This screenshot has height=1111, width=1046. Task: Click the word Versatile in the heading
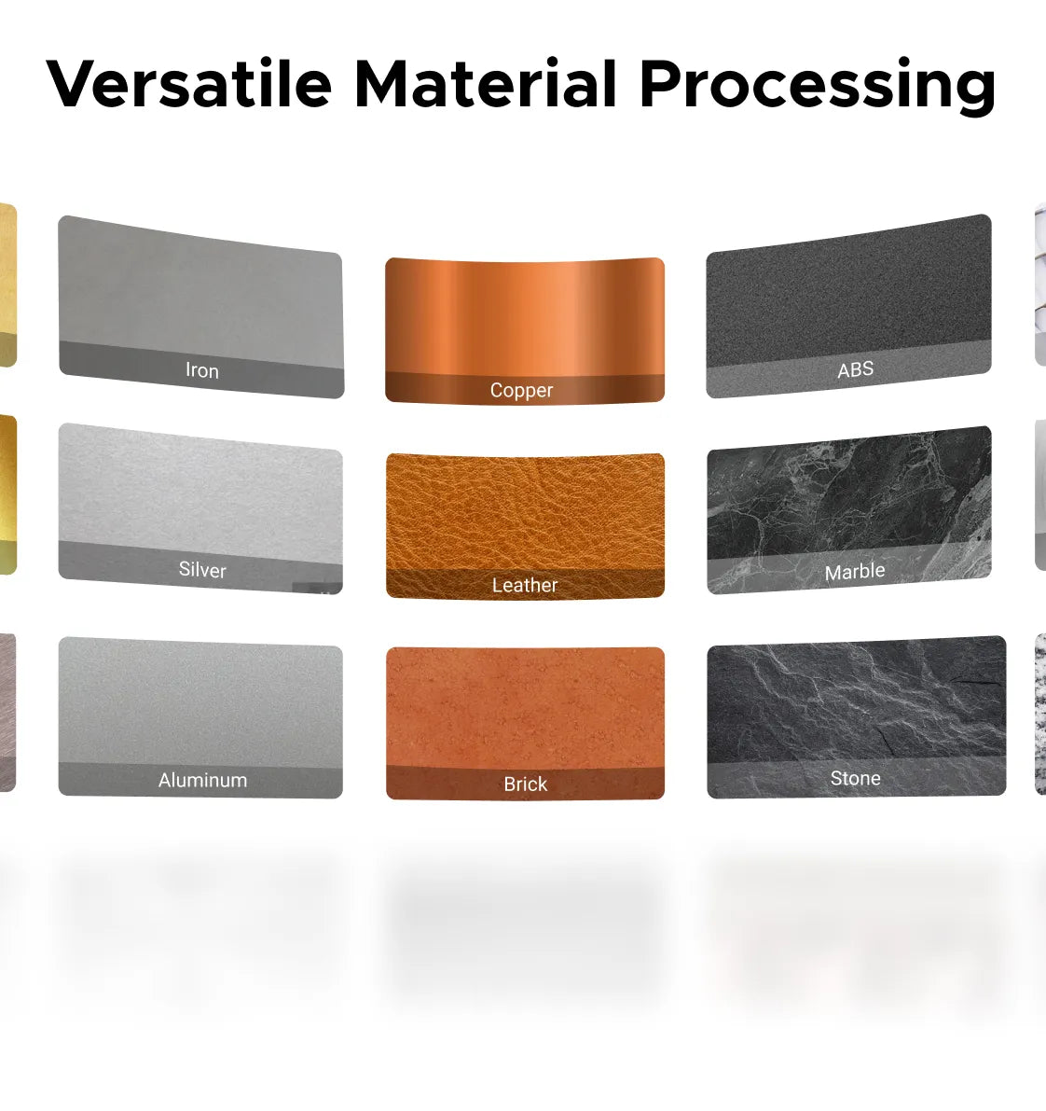[188, 84]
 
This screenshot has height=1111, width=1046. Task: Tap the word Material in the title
[486, 84]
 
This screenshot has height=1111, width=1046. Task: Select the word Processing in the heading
[818, 87]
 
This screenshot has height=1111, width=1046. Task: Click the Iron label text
[201, 369]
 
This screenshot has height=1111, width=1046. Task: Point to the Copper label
[521, 391]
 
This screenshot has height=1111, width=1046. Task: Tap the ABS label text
[856, 369]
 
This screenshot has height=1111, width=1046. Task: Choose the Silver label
[202, 570]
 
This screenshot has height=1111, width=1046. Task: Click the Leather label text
[525, 585]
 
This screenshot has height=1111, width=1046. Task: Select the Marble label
[855, 571]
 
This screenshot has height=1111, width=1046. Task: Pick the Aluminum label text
[202, 780]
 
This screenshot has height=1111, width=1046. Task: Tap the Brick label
[526, 784]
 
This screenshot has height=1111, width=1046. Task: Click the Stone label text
[856, 778]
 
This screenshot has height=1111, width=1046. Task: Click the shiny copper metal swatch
[525, 330]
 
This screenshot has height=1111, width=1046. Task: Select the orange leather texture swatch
[525, 525]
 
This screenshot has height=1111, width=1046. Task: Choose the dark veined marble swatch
[849, 509]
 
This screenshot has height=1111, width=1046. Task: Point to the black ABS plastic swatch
[848, 305]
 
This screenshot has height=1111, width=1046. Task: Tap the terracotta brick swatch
[526, 724]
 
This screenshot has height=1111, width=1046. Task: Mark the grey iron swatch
[201, 306]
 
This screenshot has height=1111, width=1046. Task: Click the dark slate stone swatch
[857, 716]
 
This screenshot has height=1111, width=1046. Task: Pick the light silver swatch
[201, 508]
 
